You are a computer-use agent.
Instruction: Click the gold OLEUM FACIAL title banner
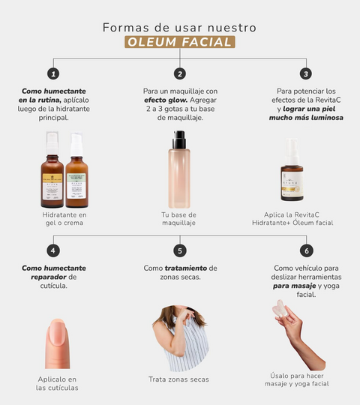180,42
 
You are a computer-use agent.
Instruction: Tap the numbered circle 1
53,73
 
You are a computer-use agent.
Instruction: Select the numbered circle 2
180,73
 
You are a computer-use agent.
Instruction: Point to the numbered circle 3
306,73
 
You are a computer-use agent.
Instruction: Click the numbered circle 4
53,250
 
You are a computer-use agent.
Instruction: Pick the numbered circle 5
180,250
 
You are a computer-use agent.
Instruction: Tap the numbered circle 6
307,250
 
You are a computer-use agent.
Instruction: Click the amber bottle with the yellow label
52,169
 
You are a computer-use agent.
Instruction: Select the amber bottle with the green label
76,170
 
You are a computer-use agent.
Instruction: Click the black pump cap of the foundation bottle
179,139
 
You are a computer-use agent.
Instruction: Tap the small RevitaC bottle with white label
292,169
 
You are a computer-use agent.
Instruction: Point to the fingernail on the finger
58,332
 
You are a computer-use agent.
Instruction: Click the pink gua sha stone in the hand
280,309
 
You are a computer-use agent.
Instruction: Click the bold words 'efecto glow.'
166,100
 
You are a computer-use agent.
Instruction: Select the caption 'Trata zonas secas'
178,379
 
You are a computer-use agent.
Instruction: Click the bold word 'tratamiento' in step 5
186,268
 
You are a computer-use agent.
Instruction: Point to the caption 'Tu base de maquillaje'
178,219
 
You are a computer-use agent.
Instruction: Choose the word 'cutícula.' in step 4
54,286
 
